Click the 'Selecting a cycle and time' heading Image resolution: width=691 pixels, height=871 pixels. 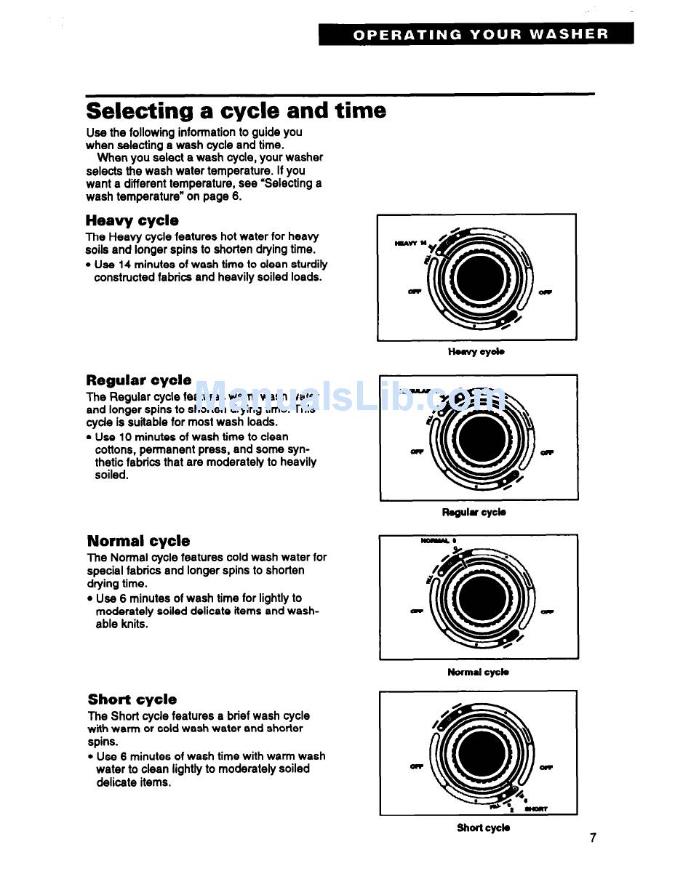click(x=236, y=111)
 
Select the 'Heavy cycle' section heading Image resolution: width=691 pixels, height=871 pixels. click(x=132, y=220)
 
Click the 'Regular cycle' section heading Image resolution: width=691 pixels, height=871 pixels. click(x=139, y=380)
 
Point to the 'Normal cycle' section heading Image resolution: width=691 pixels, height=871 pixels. click(x=138, y=541)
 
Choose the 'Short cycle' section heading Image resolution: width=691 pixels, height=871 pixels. click(x=132, y=699)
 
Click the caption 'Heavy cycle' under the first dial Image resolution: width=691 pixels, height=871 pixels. click(x=476, y=352)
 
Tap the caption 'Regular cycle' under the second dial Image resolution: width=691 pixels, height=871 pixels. click(x=474, y=513)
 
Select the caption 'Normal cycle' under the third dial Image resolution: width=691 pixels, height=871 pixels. click(x=478, y=673)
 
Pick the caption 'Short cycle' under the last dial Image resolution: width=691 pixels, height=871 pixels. click(x=483, y=827)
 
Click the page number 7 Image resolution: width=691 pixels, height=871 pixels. click(x=593, y=838)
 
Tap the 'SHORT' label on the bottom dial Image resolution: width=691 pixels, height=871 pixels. click(x=536, y=808)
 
